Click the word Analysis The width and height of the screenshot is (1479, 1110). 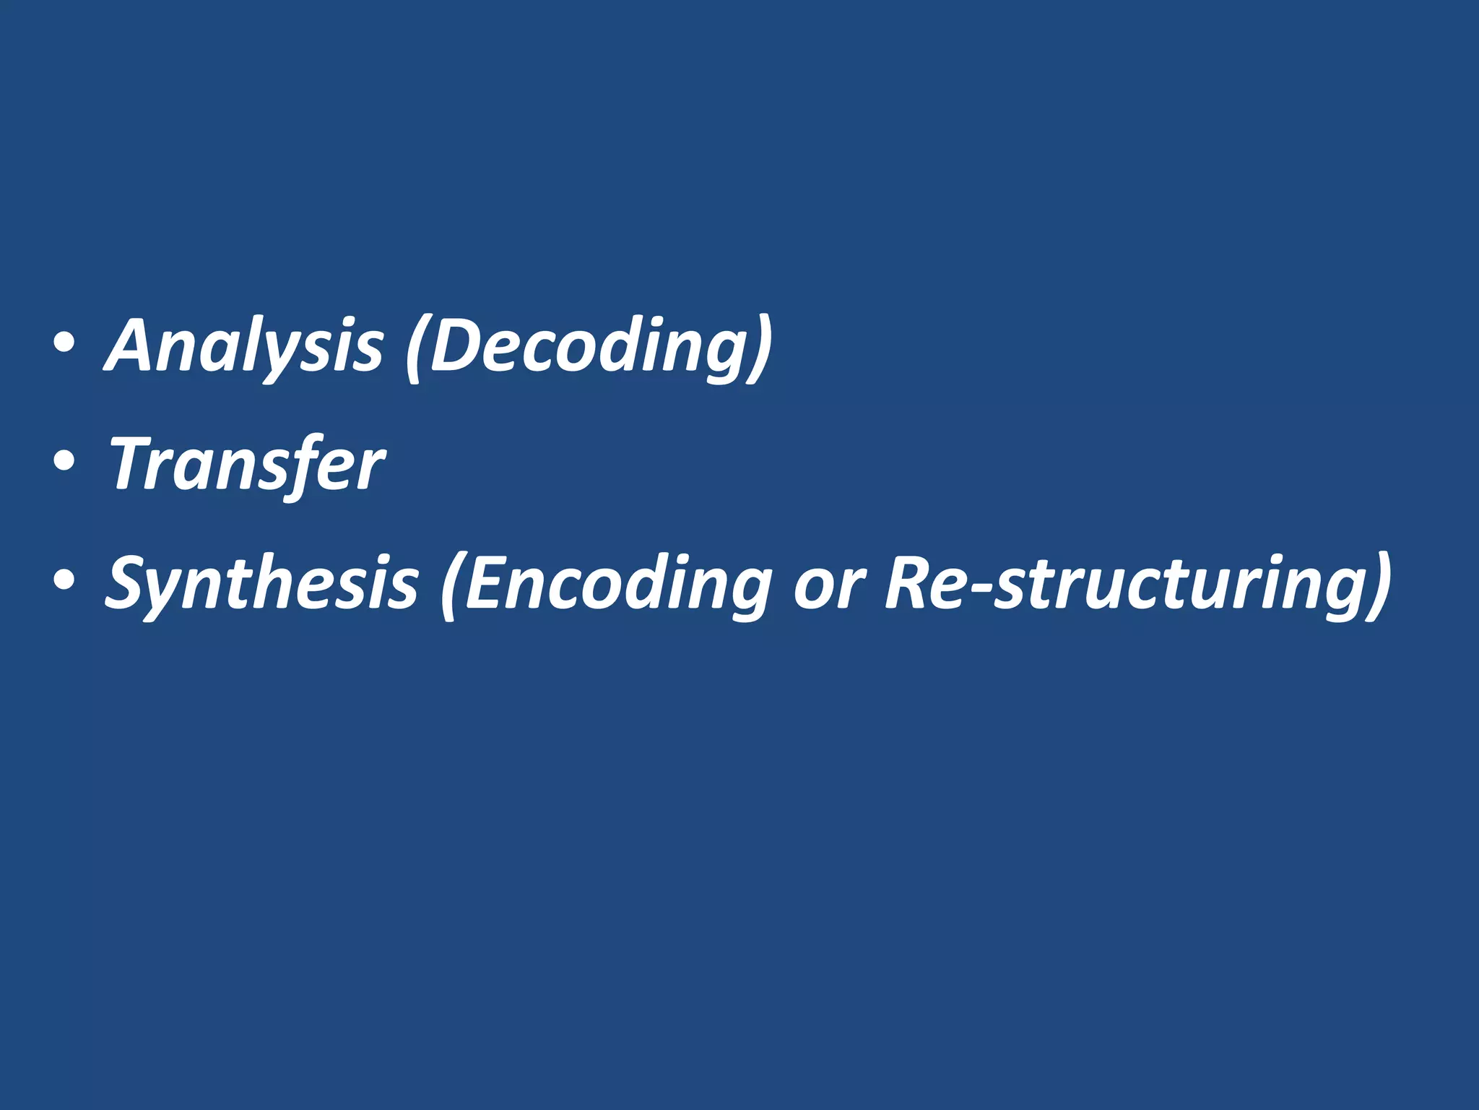[244, 346]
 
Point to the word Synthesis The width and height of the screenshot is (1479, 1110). [261, 582]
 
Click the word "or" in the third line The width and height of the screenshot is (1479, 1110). [828, 582]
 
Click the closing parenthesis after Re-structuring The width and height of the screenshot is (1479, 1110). [1379, 585]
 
